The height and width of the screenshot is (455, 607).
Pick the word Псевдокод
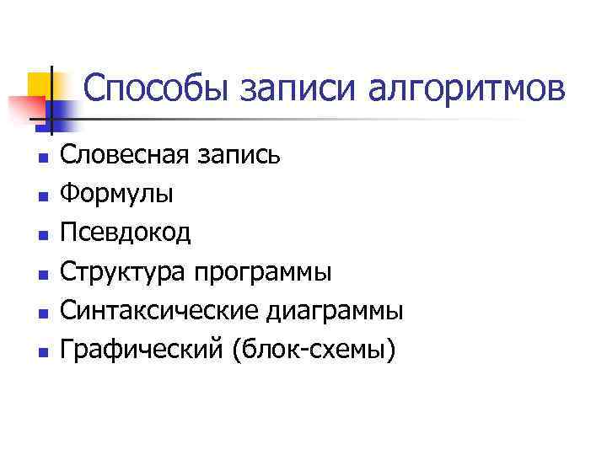tap(126, 233)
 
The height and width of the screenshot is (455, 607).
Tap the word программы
tap(263, 272)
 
